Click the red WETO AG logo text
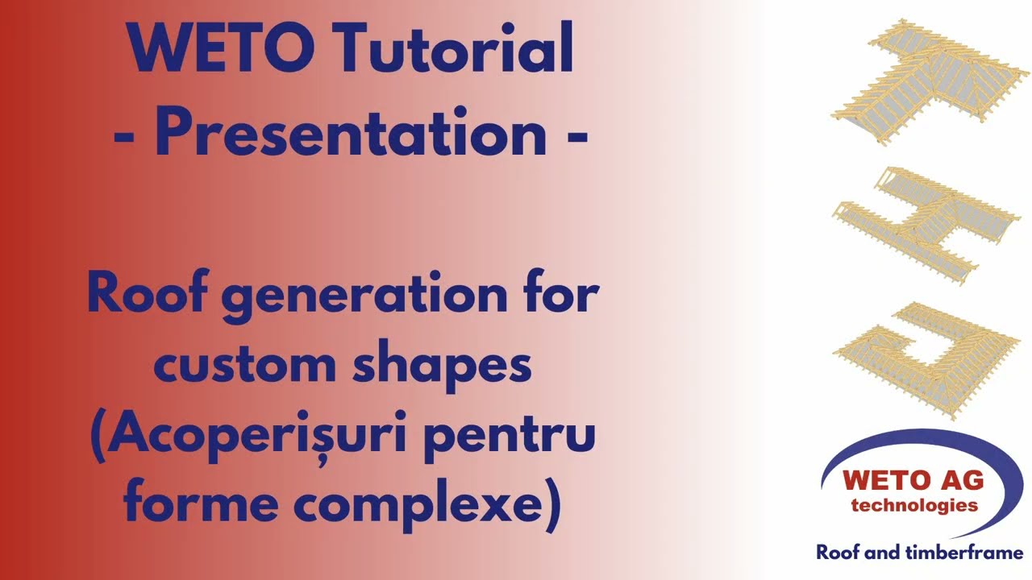pyautogui.click(x=913, y=481)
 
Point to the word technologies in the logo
pyautogui.click(x=913, y=506)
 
